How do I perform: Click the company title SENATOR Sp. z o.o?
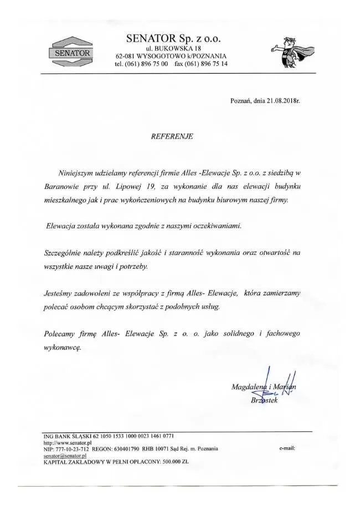[x=173, y=38]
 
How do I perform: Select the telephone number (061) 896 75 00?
[x=145, y=64]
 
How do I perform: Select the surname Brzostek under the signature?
[x=264, y=400]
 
